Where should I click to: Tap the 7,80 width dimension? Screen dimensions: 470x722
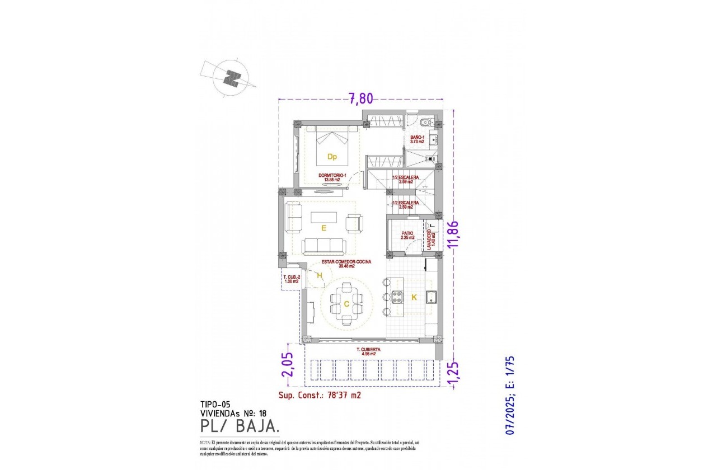[x=360, y=99]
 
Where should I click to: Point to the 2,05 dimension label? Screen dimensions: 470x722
[x=286, y=366]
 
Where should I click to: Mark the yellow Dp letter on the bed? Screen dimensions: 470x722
[x=332, y=157]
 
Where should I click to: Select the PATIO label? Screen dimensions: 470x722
[x=407, y=235]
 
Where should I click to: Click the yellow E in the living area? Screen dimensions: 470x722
[x=324, y=228]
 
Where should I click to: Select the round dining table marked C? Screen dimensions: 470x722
[x=346, y=304]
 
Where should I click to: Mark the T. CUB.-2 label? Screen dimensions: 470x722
[x=292, y=279]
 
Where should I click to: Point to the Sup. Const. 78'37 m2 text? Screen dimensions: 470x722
[x=319, y=395]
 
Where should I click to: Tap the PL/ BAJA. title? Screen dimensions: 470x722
[x=240, y=427]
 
